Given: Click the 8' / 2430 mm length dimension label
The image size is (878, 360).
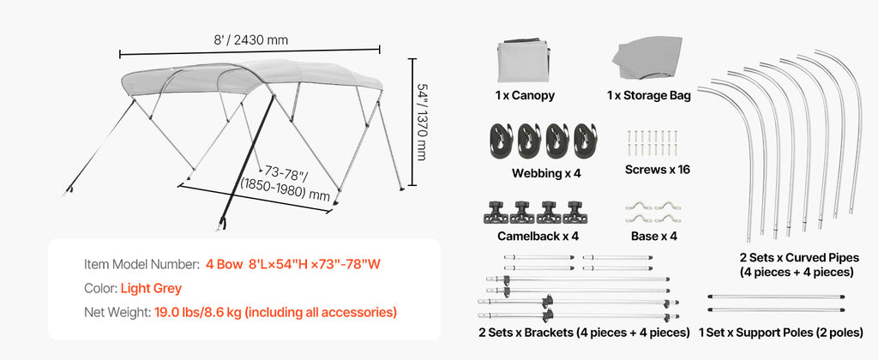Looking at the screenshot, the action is click(251, 39).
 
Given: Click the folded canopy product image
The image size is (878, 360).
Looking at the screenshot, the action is click(524, 60).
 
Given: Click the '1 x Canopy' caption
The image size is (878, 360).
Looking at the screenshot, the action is click(525, 95).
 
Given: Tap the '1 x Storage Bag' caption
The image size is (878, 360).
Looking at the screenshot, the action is click(649, 95).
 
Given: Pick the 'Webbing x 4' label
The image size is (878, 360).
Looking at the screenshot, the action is click(546, 173).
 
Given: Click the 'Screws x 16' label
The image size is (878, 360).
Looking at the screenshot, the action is click(658, 170).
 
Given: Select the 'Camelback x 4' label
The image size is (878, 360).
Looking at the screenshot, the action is click(538, 237).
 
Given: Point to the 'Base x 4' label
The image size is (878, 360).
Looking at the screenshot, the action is click(654, 237).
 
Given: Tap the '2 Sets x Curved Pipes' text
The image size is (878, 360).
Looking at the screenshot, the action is click(799, 258).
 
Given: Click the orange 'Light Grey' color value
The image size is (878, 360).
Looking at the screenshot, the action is click(151, 289).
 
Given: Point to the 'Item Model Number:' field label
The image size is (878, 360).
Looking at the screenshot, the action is click(141, 264).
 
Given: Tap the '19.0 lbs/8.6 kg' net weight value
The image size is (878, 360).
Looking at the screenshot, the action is click(198, 312).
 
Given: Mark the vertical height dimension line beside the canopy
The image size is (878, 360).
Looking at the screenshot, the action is click(412, 122).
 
